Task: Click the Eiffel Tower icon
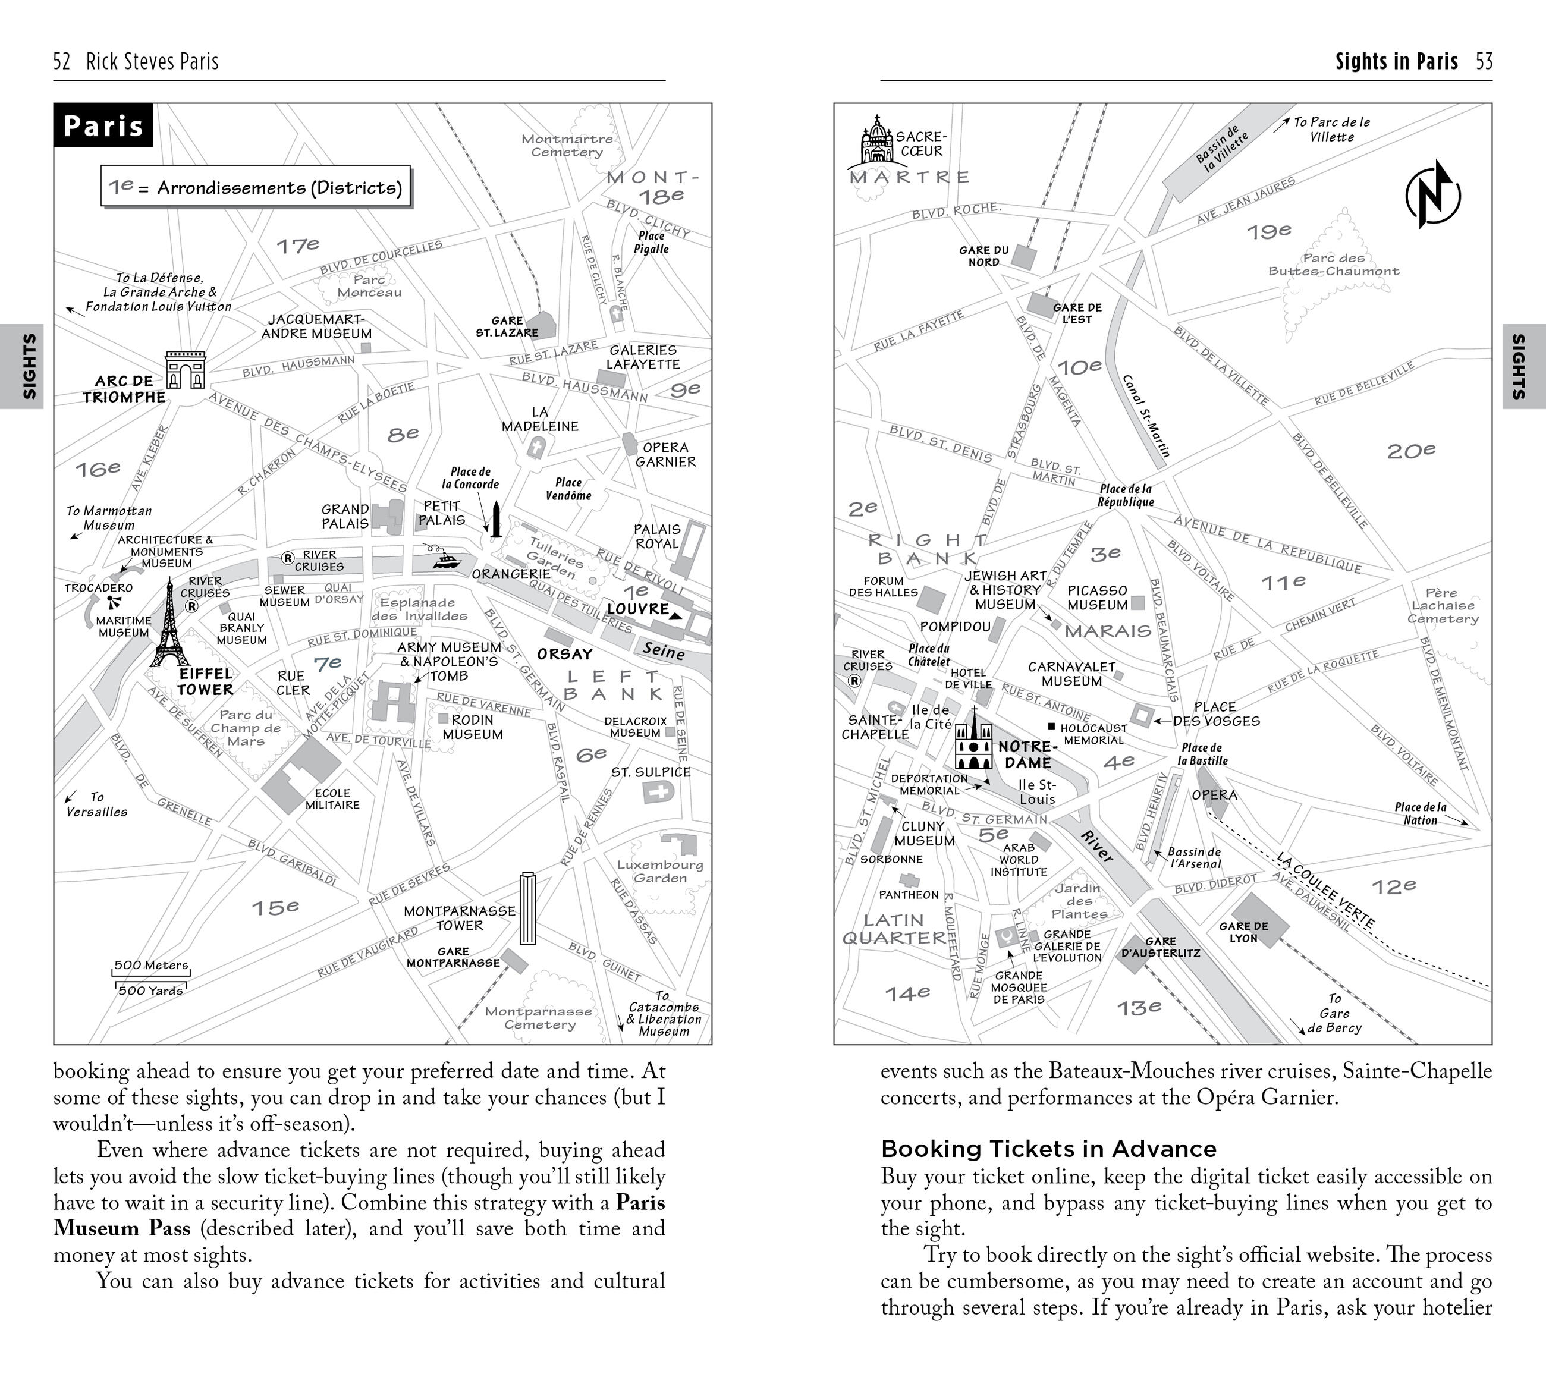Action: [170, 626]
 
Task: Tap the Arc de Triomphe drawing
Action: [186, 370]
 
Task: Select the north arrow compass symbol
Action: [1432, 194]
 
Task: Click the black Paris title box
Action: [103, 125]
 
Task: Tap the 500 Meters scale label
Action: [150, 965]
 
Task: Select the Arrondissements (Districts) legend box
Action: [256, 187]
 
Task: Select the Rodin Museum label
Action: [472, 727]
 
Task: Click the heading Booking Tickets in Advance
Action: [1048, 1149]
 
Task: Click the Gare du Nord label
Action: [983, 256]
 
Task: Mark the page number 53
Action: [1483, 61]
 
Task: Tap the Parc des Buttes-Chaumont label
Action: [1334, 265]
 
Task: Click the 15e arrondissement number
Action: [275, 907]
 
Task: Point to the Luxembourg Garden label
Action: [659, 871]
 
